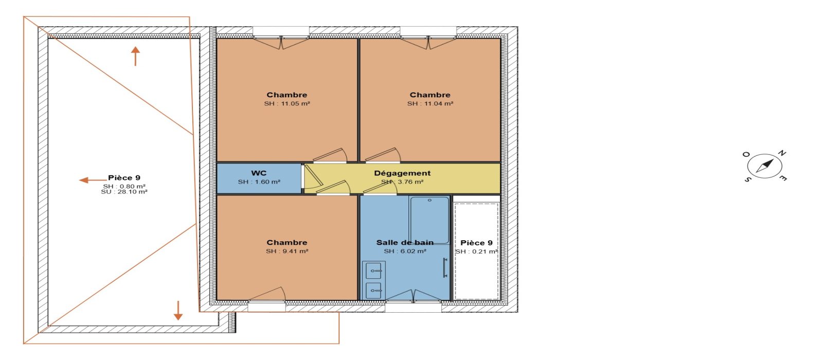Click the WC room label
point(259,173)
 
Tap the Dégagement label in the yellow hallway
point(402,173)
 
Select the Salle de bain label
point(405,242)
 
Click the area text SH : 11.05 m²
point(287,103)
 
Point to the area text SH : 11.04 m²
point(430,103)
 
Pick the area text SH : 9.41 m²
point(287,251)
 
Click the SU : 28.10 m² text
point(124,192)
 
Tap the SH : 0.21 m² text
point(476,251)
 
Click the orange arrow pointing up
point(136,56)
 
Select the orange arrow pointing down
point(178,311)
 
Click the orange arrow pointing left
point(93,180)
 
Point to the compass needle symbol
point(764,166)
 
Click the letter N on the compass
point(782,153)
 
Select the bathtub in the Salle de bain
point(430,221)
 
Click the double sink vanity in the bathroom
point(373,280)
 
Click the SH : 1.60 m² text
point(259,182)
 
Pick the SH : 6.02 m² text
point(405,251)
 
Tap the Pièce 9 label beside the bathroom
point(476,243)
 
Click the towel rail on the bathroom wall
point(445,267)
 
